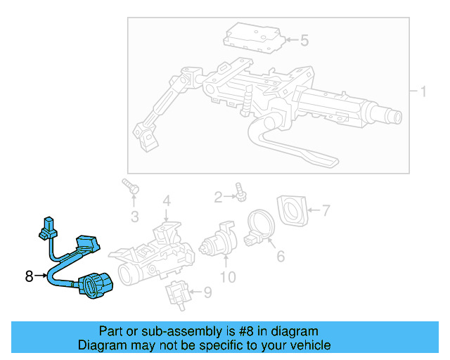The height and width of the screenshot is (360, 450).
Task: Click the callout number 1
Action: pos(423,91)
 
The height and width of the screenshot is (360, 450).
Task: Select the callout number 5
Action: pos(304,41)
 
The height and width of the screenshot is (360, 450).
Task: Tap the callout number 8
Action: pos(29,276)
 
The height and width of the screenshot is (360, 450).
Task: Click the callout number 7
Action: pos(326,210)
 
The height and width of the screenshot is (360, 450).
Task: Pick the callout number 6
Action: pos(280,257)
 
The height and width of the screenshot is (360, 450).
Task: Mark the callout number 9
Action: pos(206,291)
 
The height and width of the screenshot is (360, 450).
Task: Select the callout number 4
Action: pos(166,201)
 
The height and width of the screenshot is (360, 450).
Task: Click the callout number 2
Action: pos(219,196)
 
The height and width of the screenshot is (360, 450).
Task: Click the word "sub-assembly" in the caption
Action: pos(169,331)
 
